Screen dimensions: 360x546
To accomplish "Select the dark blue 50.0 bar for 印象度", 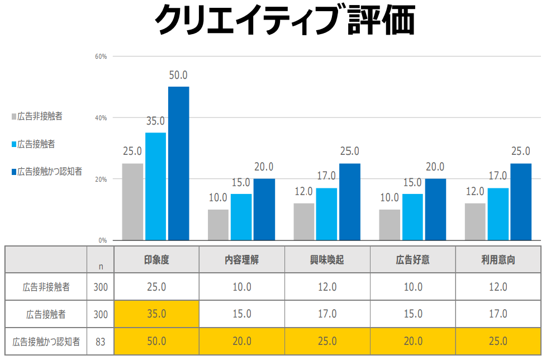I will pos(179,163).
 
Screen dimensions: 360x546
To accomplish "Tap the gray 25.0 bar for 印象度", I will pos(132,201).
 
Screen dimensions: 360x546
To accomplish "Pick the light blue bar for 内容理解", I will pos(241,217).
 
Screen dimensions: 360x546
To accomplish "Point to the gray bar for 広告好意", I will pos(389,225).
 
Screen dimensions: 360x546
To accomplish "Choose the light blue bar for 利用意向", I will pos(498,214).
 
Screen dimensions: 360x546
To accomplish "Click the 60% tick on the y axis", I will pos(101,56).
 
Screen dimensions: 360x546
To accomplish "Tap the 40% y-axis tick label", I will pos(101,118).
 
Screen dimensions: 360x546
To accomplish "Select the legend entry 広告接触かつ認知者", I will pos(49,171).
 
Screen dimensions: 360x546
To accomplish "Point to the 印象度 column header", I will pos(156,260).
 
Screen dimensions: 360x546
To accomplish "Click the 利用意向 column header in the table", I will pos(498,260).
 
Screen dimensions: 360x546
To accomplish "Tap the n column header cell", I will pos(101,266).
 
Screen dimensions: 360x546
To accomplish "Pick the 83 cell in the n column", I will pos(101,342).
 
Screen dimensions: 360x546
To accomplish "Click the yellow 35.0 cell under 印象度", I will pos(156,314).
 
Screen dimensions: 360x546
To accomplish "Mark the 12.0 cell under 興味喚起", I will pos(327,287).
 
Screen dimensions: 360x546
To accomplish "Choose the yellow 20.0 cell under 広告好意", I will pos(412,342).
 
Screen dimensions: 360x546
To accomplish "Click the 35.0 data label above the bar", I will pos(155,121).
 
